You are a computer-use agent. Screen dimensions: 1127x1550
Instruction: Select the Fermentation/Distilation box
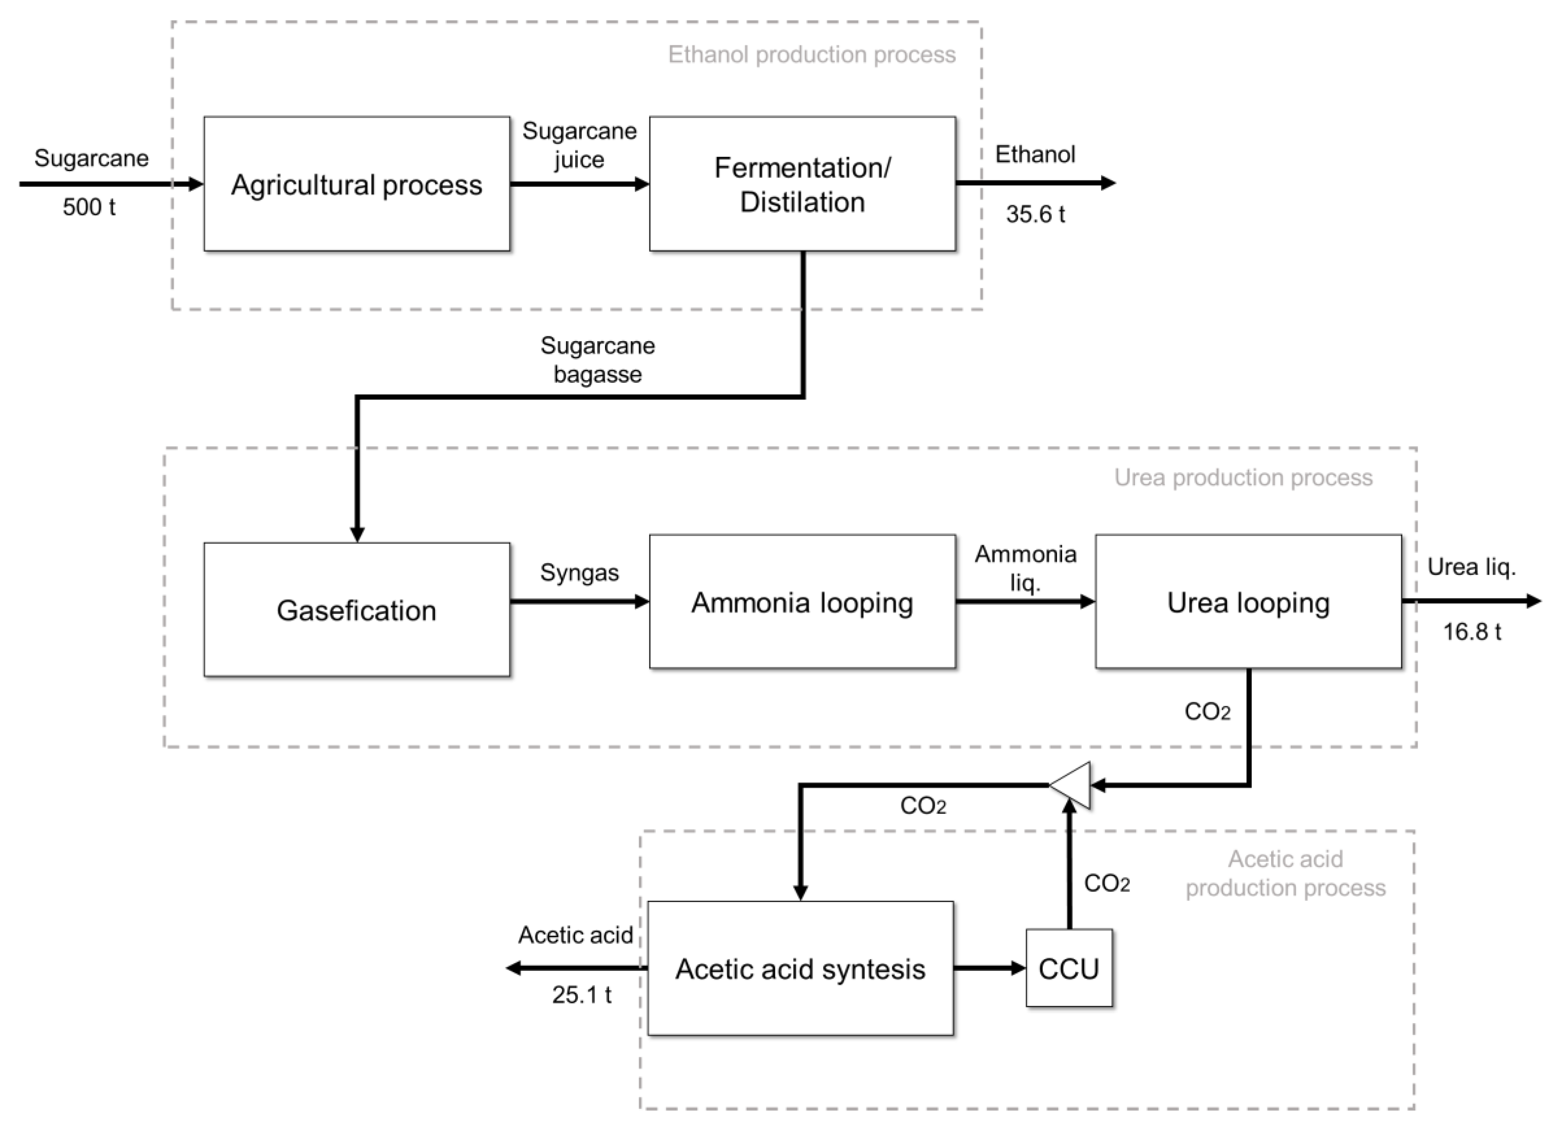pos(802,184)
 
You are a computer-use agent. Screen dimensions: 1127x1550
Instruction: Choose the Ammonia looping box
pos(802,602)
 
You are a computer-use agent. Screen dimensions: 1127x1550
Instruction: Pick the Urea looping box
pos(1248,602)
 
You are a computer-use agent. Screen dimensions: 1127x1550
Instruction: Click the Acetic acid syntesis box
pos(800,968)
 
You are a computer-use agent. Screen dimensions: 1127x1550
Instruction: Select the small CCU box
pos(1069,968)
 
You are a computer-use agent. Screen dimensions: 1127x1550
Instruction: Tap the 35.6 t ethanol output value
pos(1034,214)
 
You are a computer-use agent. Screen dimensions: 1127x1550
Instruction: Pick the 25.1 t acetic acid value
pos(582,994)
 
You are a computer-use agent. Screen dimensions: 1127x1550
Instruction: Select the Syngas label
pos(579,572)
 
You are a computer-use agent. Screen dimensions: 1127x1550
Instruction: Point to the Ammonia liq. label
pos(1025,567)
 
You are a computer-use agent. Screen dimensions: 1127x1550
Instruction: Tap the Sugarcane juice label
pos(579,145)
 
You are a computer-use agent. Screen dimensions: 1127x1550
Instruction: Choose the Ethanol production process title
pos(811,54)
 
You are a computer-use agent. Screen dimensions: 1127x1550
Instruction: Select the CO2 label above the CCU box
pos(1106,883)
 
